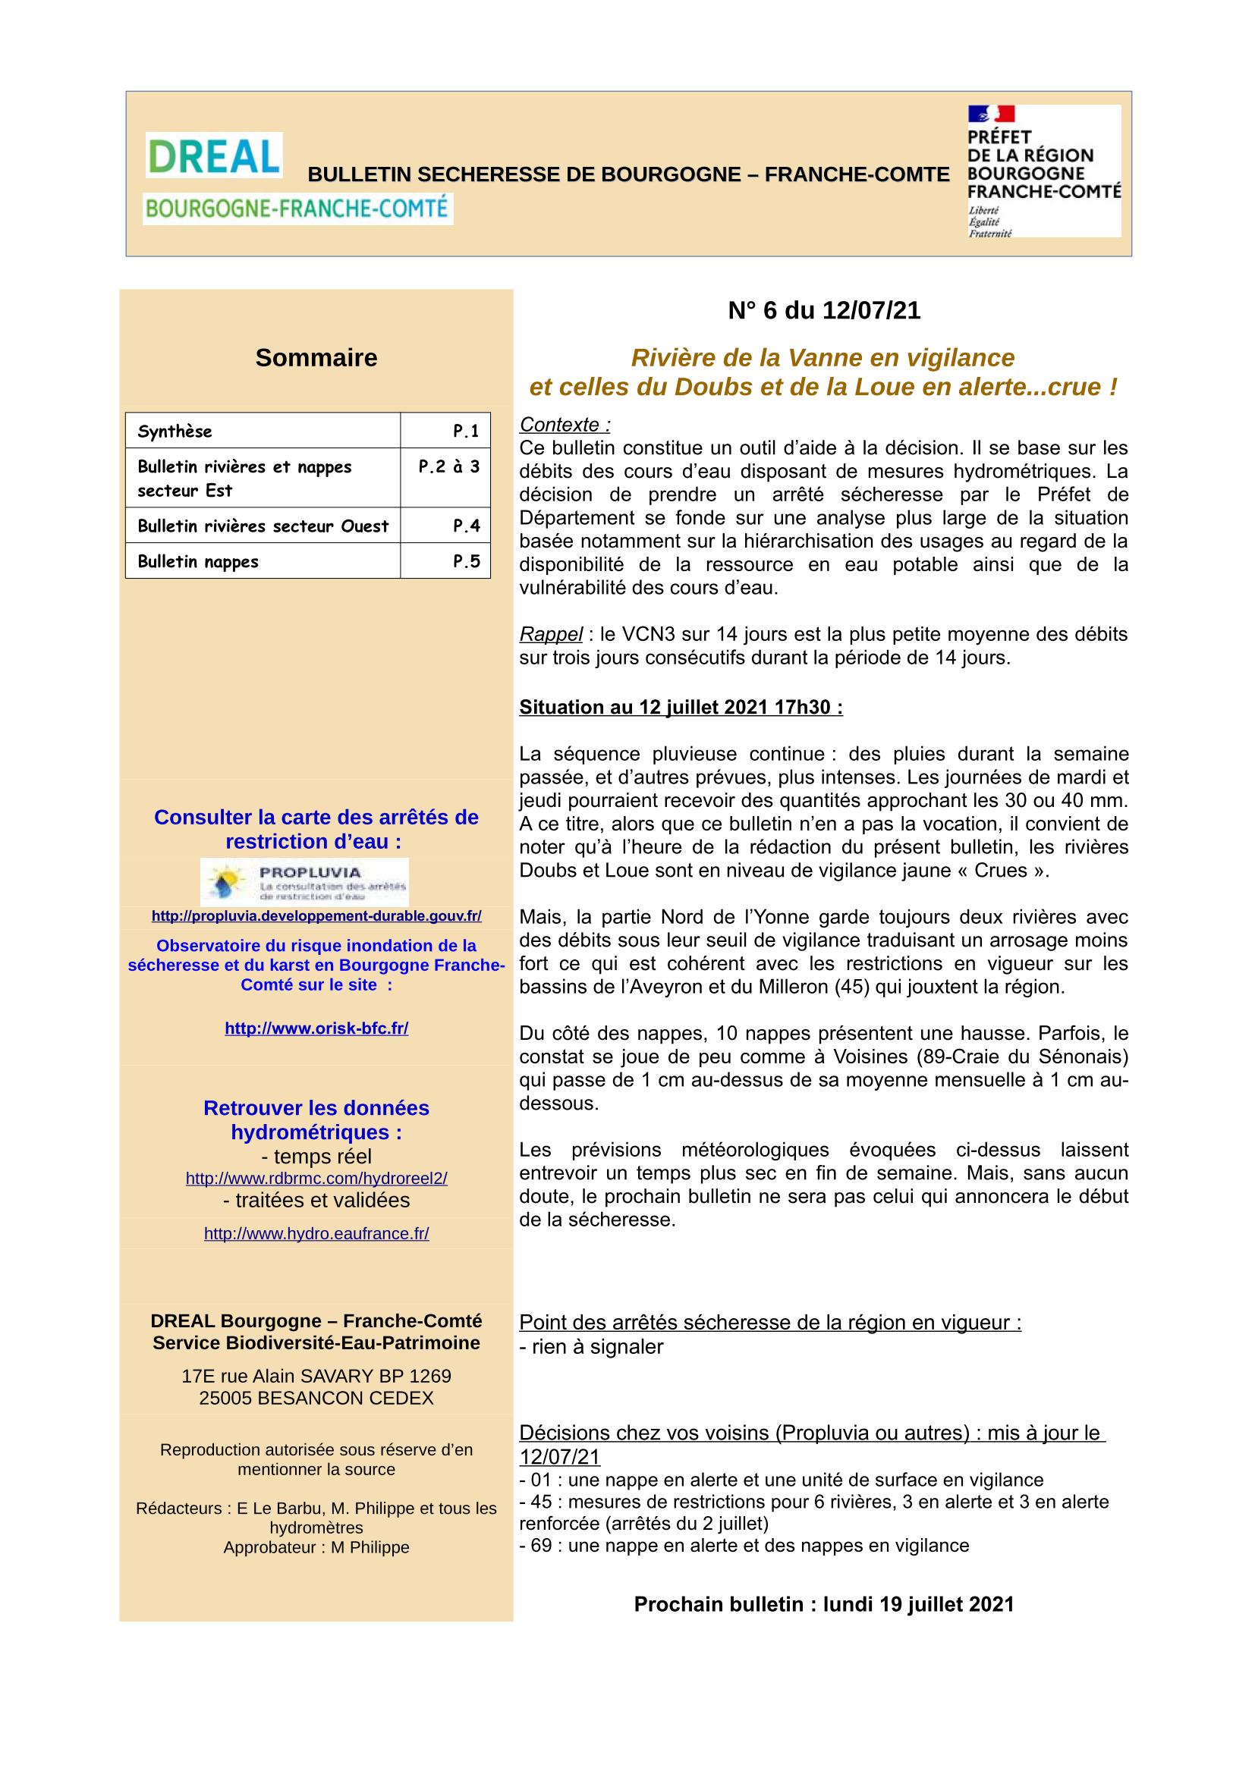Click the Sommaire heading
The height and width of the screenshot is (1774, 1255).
[x=316, y=358]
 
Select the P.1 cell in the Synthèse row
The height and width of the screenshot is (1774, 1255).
[x=445, y=431]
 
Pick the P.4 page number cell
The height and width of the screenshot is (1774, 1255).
[x=445, y=526]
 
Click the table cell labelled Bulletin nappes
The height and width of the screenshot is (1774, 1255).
[x=263, y=562]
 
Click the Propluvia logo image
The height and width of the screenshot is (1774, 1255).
[x=304, y=881]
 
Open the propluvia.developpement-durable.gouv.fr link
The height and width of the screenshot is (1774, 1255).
[x=316, y=915]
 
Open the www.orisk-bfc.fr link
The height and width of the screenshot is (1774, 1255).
[x=316, y=1028]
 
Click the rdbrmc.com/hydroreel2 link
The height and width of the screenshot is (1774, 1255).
[x=316, y=1179]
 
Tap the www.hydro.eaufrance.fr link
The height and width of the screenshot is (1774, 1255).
[x=316, y=1234]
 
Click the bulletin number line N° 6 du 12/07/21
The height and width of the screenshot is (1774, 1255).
[x=824, y=311]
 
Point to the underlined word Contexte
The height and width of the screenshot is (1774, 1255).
[x=564, y=425]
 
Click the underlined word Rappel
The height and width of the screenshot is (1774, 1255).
[x=551, y=634]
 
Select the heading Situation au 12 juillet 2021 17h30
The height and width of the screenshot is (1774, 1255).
[x=681, y=707]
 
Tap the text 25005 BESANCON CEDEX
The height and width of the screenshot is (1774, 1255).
[x=316, y=1398]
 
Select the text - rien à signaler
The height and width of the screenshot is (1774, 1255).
[x=591, y=1347]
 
